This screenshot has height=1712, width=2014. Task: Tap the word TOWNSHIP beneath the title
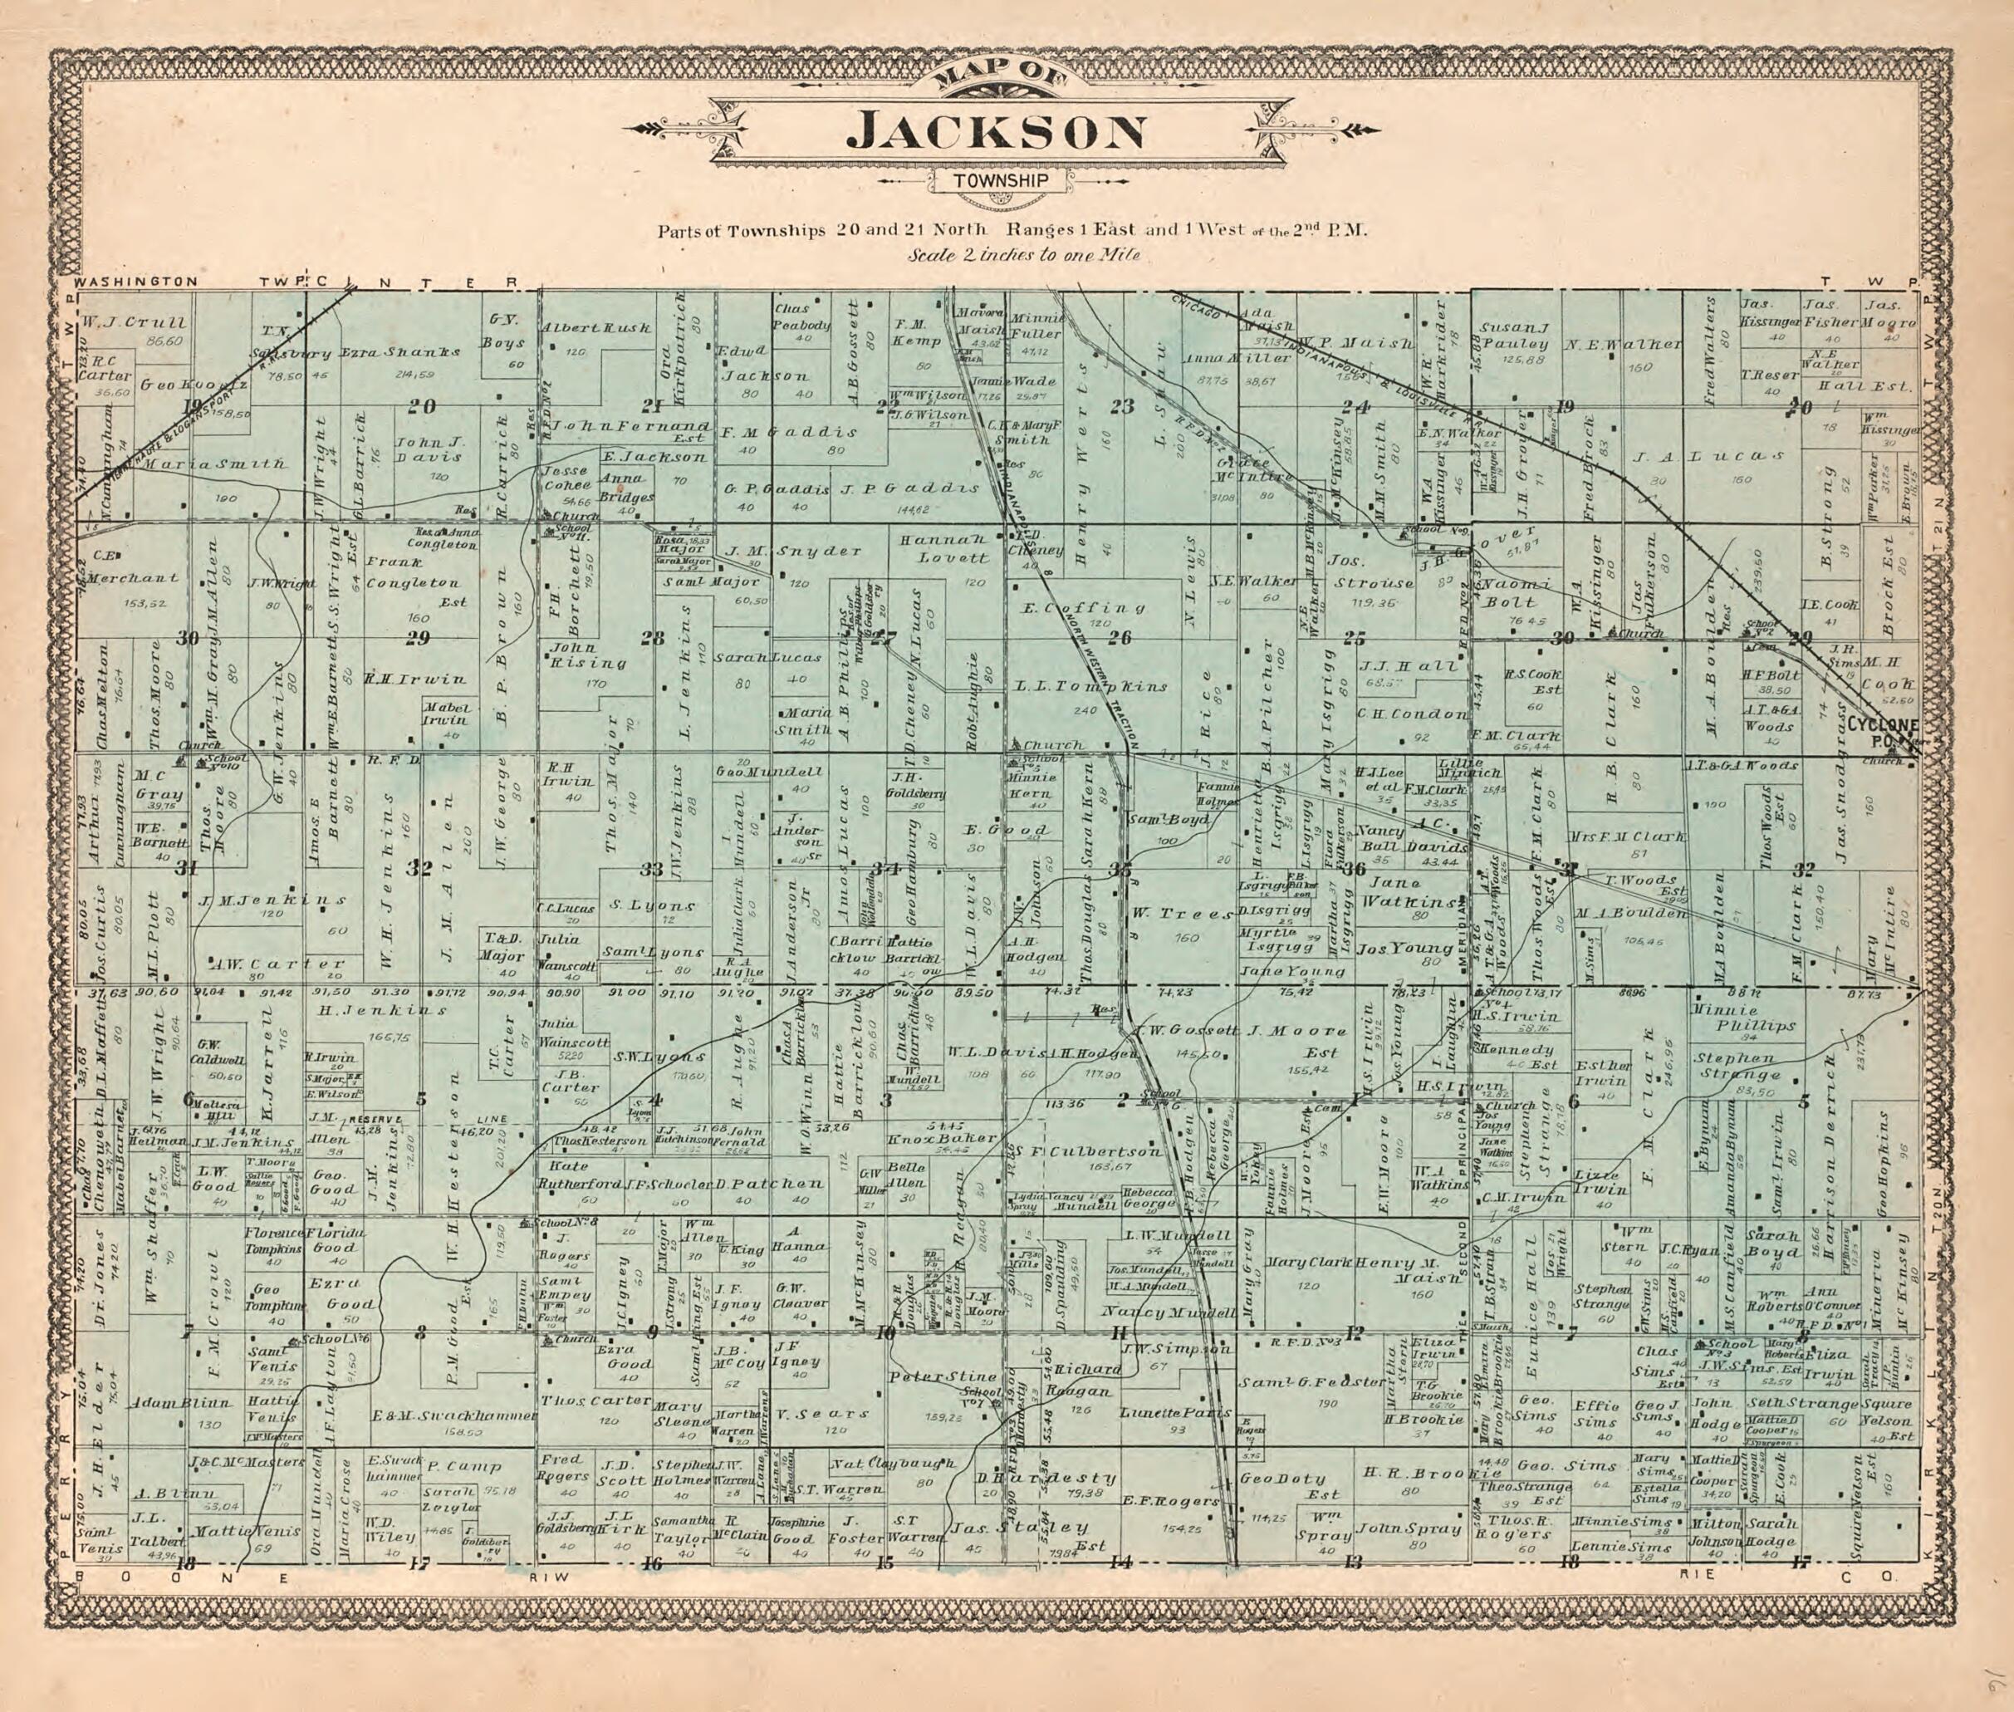pyautogui.click(x=1000, y=179)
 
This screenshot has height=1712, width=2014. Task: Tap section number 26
pyautogui.click(x=1120, y=639)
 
